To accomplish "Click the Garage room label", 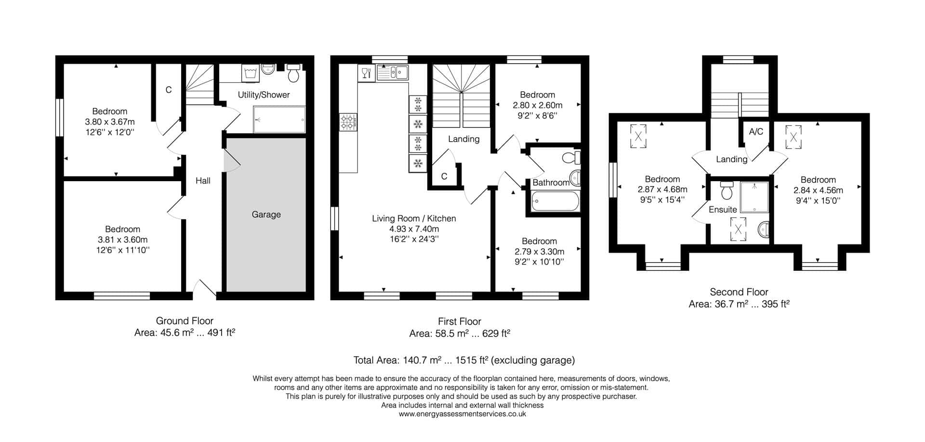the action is [x=266, y=214].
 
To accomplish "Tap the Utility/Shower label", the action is [x=264, y=95].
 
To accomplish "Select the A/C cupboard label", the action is [x=756, y=132].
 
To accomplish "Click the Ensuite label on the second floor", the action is [x=723, y=210].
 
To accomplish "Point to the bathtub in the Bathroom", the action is [x=555, y=201].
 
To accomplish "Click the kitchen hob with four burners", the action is [x=347, y=122].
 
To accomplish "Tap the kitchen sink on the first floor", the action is [x=393, y=73].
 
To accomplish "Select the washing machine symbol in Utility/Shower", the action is [x=250, y=73].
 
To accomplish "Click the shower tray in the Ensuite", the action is [x=755, y=197].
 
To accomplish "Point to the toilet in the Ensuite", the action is [x=727, y=191].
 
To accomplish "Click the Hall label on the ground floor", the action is [x=203, y=181].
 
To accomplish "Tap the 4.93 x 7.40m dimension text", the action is [x=414, y=229].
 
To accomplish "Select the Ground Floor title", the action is [x=185, y=321].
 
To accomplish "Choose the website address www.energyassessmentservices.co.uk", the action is [x=462, y=414].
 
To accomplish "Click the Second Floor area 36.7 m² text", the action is [x=739, y=304].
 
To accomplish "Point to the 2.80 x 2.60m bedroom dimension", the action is [x=537, y=105].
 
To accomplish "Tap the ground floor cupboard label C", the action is [x=169, y=90].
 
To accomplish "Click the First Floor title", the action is [x=460, y=321].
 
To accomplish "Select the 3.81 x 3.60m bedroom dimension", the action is [x=123, y=240].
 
